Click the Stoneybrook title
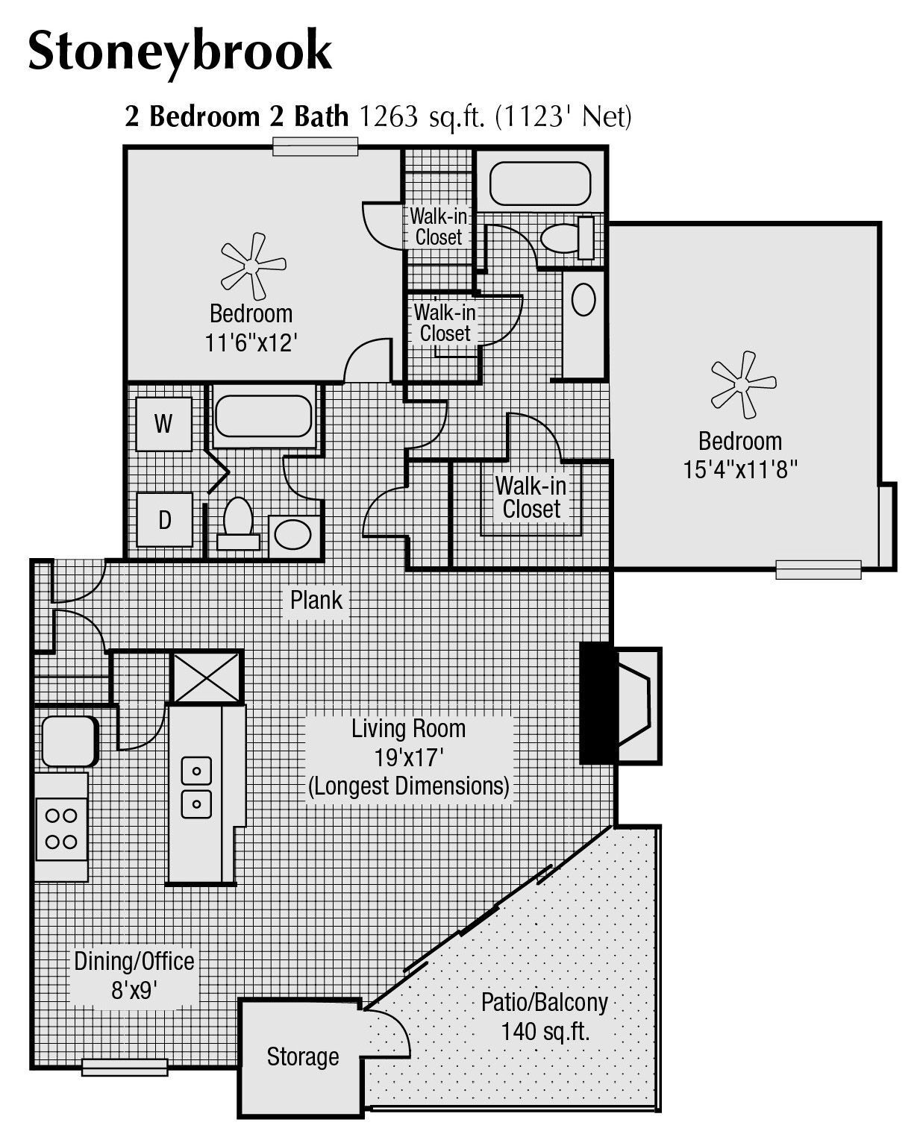(180, 51)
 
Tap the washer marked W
(164, 424)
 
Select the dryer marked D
(165, 519)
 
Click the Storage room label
(303, 1056)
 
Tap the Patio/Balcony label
(544, 1001)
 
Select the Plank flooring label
(316, 599)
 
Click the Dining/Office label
(134, 961)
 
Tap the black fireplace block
(597, 703)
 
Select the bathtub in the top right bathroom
(539, 184)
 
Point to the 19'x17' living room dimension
(409, 758)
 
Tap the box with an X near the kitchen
(207, 677)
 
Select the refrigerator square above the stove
(69, 741)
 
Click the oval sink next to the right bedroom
(583, 301)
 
